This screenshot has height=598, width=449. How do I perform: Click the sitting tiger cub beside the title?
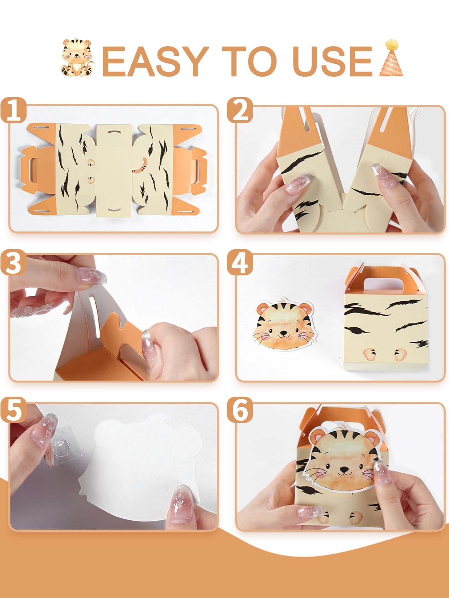(x=78, y=57)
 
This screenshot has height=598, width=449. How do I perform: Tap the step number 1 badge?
(x=13, y=110)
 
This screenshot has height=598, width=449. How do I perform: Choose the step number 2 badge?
(x=240, y=110)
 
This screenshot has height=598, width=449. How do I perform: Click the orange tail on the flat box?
(x=141, y=166)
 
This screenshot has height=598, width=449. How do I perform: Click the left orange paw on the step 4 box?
(x=370, y=355)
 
